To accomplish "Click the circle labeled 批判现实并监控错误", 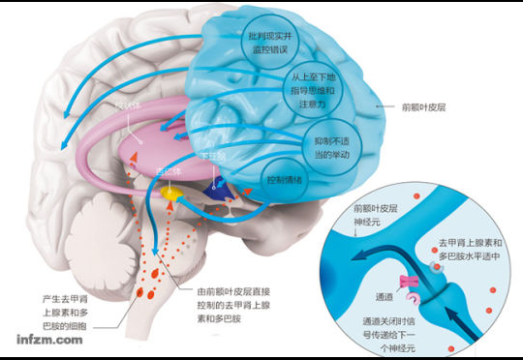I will (x=269, y=38).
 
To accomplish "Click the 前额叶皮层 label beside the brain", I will (x=410, y=109).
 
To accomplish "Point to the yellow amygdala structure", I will (x=171, y=195).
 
